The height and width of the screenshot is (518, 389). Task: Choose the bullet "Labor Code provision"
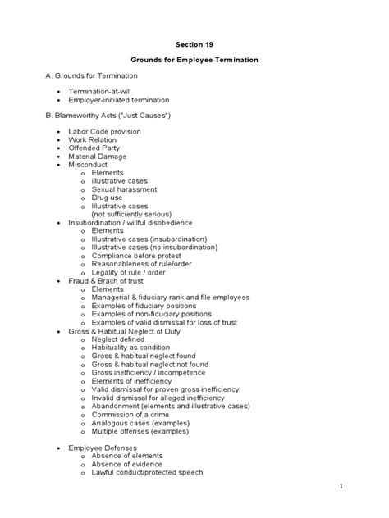103,132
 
